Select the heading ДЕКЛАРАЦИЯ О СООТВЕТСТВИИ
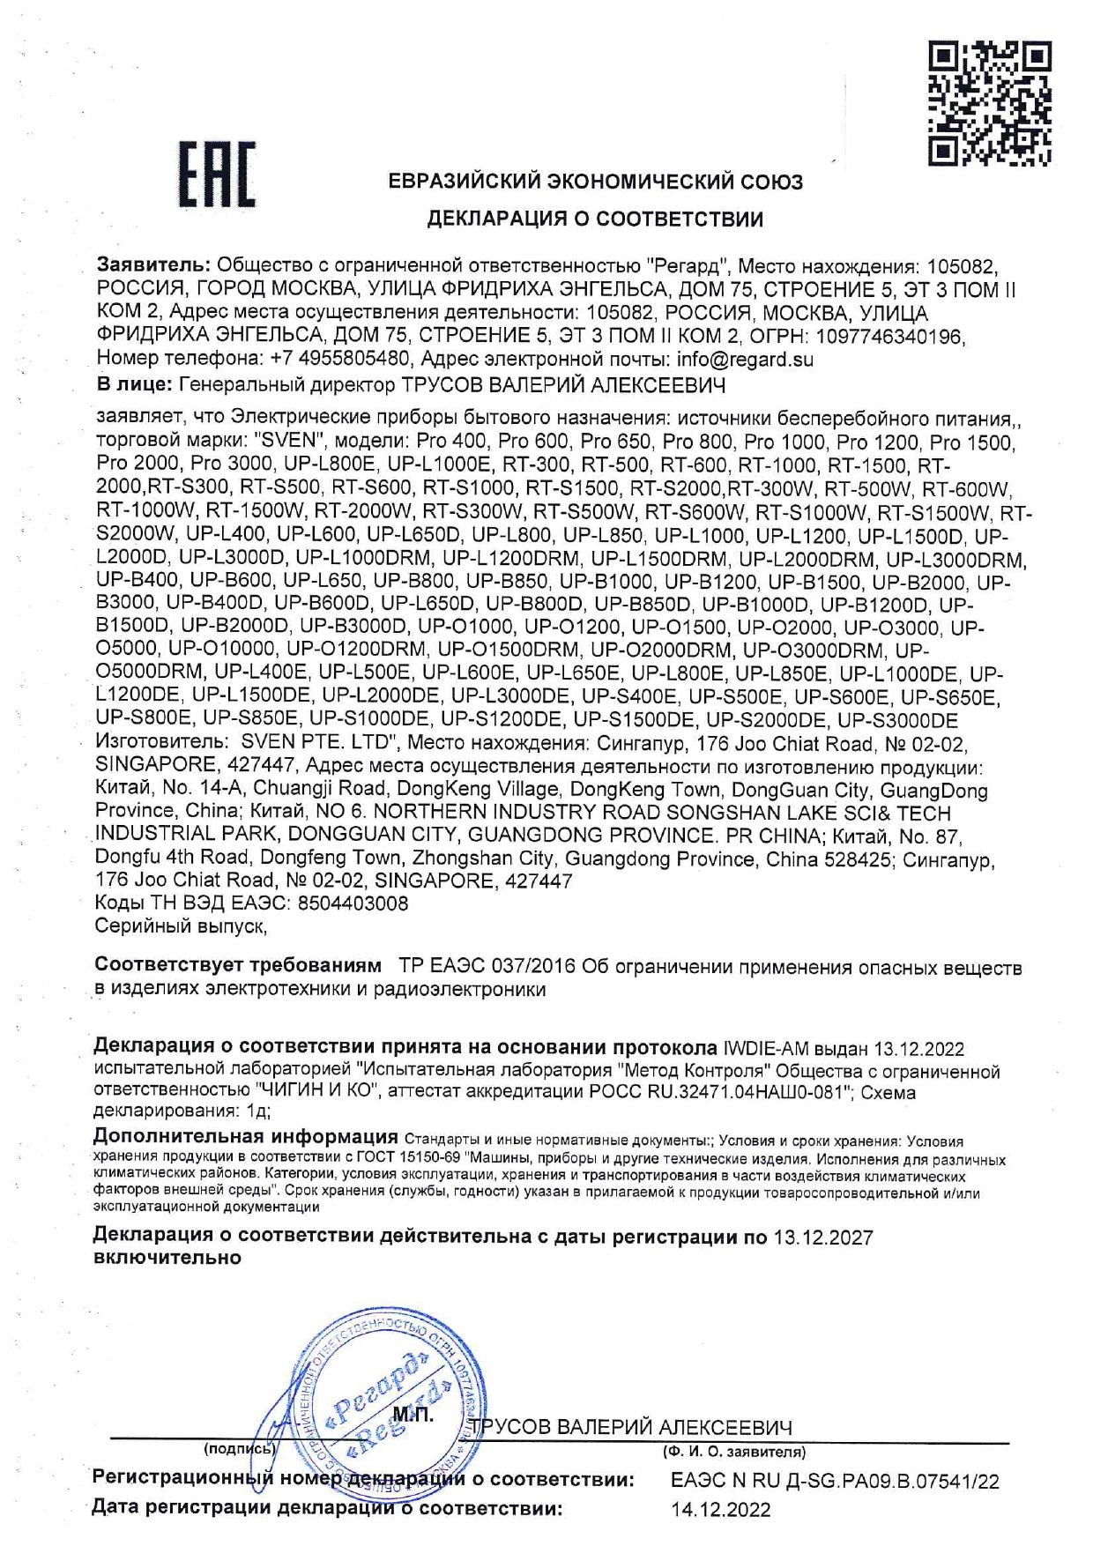595,219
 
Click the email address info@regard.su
744,360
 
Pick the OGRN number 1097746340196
891,337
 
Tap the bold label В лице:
134,384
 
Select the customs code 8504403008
353,903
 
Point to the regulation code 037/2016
532,967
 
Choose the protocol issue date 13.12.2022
918,1050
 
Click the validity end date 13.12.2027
823,1238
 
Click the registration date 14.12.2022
720,1510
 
